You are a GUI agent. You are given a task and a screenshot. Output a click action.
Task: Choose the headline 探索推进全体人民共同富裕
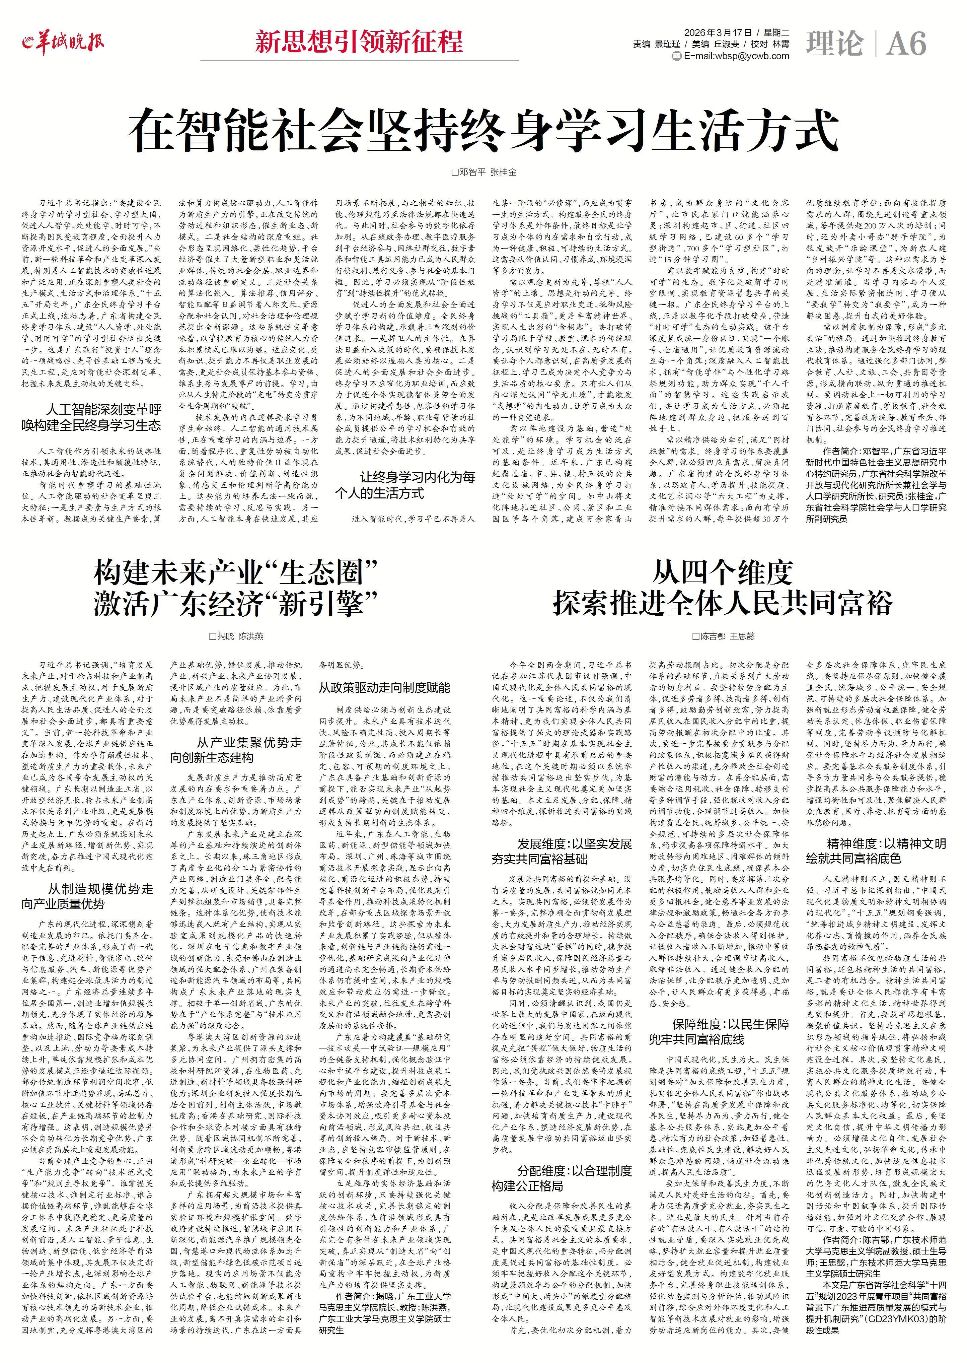click(722, 603)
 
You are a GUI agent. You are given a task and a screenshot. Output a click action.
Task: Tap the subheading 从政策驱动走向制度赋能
click(384, 687)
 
